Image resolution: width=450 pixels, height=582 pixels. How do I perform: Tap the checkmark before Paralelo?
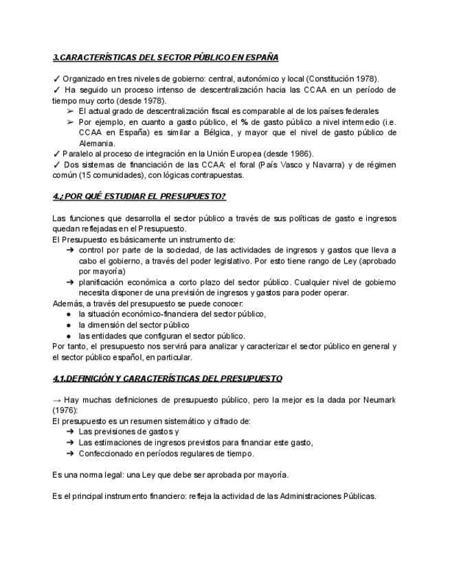(56, 153)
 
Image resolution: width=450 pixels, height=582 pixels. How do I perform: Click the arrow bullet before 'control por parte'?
(70, 251)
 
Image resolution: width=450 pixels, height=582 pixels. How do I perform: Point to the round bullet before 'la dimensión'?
(70, 325)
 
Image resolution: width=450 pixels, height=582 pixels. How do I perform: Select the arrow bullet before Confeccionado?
(70, 453)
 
